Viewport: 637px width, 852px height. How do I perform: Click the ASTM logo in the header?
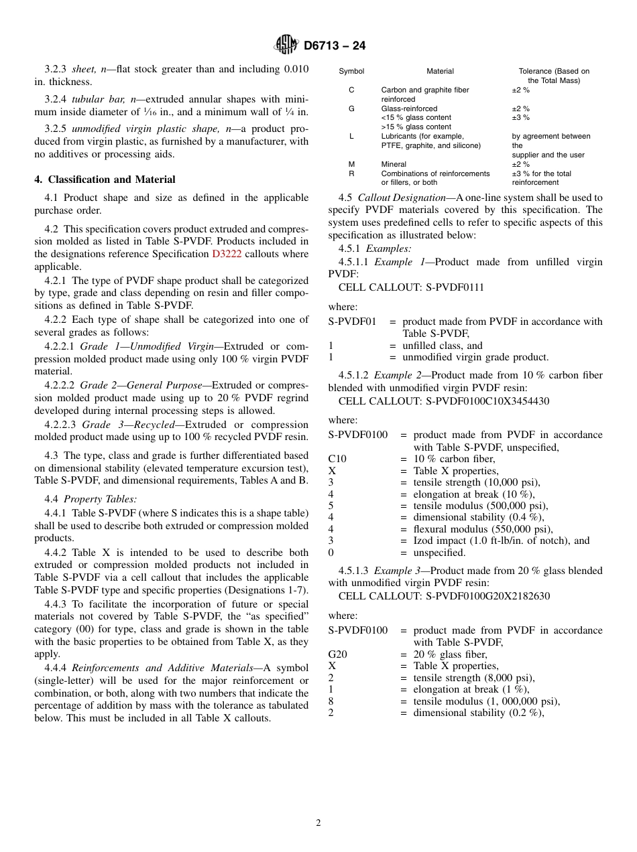(x=286, y=45)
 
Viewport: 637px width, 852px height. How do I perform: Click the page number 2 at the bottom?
(x=318, y=823)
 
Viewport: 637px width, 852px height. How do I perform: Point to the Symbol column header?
(x=351, y=71)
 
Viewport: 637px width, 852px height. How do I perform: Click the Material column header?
(x=440, y=71)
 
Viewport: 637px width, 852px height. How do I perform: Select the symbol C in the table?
(x=351, y=90)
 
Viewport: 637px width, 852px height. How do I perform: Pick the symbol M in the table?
(x=351, y=164)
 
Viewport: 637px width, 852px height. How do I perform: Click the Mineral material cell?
(x=394, y=164)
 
